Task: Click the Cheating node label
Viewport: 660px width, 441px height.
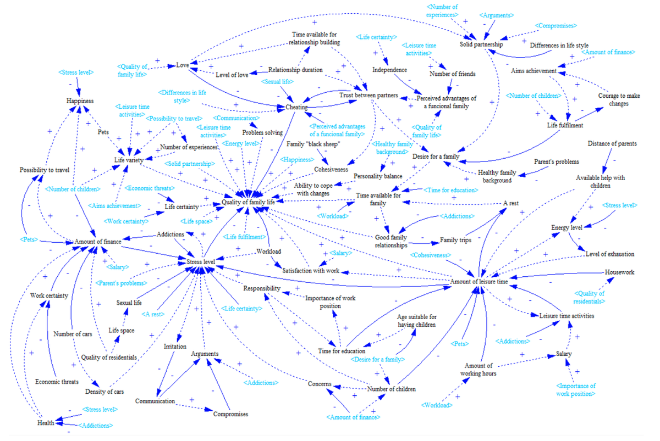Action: point(296,107)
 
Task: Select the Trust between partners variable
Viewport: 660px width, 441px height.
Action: point(369,95)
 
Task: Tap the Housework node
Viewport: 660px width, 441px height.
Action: point(619,272)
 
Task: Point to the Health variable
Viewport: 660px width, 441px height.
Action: point(46,423)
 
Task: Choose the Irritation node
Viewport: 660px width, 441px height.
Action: point(175,347)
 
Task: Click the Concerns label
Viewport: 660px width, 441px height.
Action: point(320,384)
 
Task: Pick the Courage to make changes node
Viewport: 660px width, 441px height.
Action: point(619,99)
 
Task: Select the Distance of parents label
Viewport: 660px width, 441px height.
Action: point(612,143)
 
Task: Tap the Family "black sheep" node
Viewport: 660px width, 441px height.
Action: point(313,144)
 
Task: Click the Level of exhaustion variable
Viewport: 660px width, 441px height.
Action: point(609,254)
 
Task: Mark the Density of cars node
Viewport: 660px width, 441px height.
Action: point(105,392)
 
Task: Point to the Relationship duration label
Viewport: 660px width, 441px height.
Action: point(295,70)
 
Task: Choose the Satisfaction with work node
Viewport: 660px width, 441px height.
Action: point(311,270)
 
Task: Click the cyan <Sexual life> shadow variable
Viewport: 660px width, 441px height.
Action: point(277,81)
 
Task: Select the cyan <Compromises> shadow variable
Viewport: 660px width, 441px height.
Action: point(555,26)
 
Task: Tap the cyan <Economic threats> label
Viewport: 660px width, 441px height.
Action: point(150,188)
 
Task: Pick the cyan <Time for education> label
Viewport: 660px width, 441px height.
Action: point(450,190)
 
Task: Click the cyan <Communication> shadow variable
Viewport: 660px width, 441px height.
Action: point(236,118)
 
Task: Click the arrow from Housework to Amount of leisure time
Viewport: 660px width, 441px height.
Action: point(557,275)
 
